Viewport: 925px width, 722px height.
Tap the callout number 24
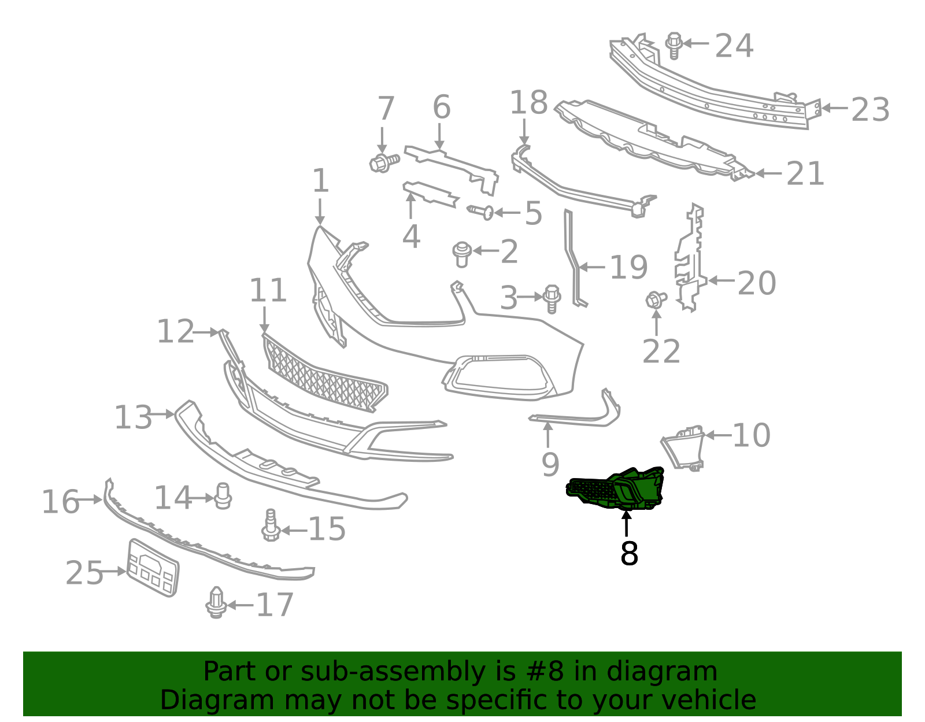(734, 46)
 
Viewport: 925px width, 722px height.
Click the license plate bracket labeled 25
(153, 568)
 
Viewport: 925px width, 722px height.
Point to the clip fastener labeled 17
(216, 602)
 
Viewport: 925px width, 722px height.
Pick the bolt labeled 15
(271, 525)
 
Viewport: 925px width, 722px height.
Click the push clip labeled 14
(223, 495)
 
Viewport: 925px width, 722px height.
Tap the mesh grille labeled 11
(324, 373)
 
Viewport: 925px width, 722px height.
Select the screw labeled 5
(480, 212)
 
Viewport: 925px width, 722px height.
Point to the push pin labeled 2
(462, 254)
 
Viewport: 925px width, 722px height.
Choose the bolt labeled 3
(552, 299)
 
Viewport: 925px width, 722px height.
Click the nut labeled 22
(656, 300)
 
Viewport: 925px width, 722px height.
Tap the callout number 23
(870, 110)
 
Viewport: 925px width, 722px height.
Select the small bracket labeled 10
(682, 448)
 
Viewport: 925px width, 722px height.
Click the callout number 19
(629, 267)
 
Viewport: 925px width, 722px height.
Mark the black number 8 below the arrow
(629, 554)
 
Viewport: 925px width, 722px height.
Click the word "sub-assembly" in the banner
(393, 671)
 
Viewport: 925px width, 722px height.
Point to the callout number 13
(133, 417)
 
